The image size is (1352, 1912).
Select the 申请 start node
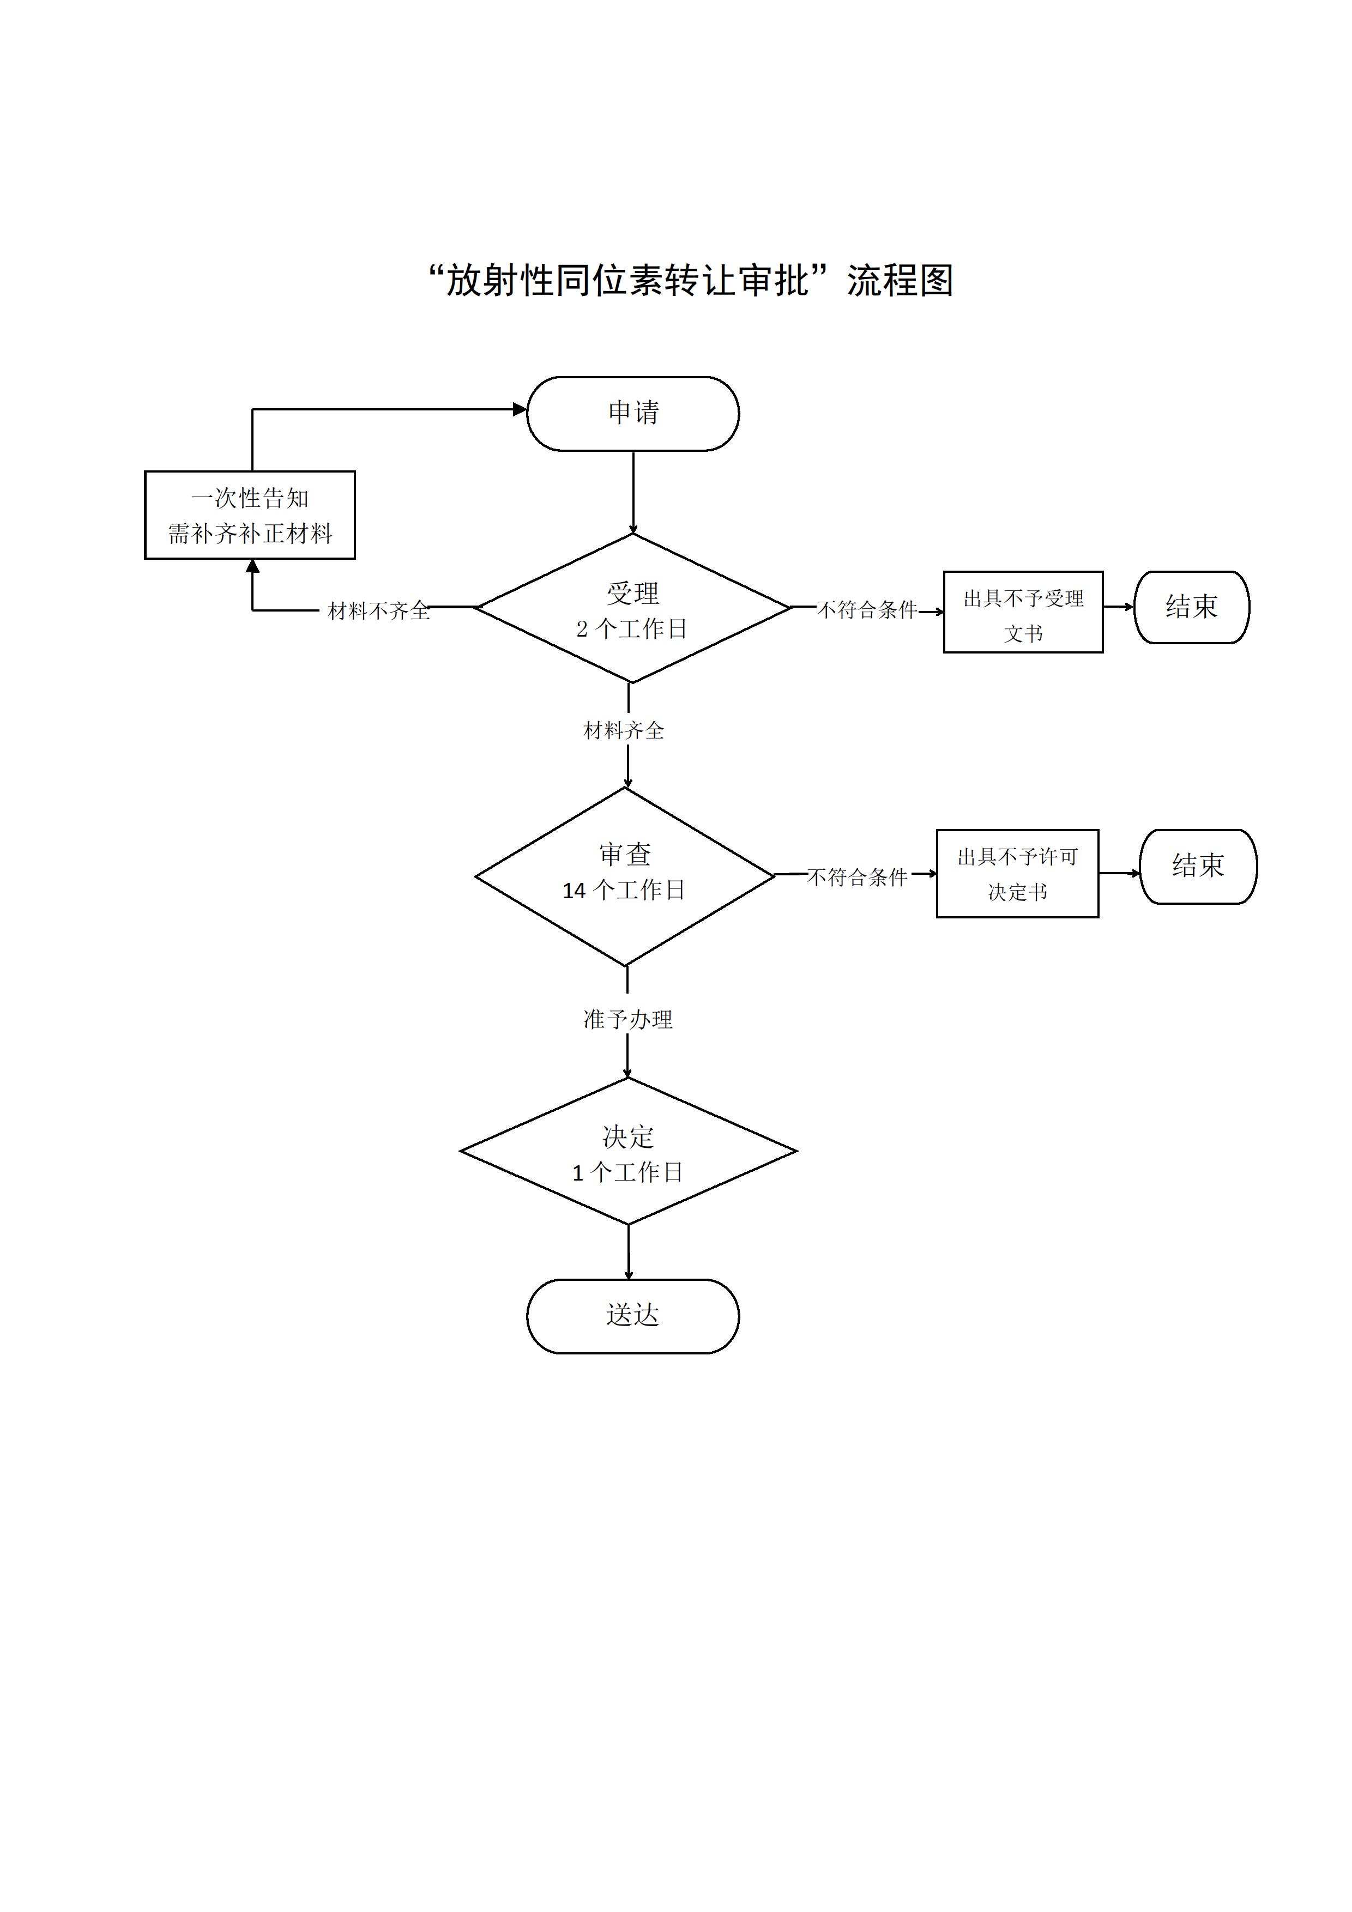(x=632, y=413)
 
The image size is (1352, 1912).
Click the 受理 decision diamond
(x=632, y=609)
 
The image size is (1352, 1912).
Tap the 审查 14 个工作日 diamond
(x=625, y=875)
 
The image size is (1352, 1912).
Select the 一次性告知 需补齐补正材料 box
(x=250, y=515)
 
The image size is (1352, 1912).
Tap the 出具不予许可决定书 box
(x=1017, y=874)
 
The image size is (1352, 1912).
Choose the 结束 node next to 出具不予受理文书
(x=1191, y=607)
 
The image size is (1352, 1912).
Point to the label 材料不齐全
(x=378, y=611)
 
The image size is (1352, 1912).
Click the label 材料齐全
(x=624, y=731)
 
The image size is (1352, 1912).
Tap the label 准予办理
(x=627, y=1019)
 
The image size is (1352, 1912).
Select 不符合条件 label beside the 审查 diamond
(x=857, y=877)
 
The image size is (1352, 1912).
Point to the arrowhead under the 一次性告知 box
(x=252, y=567)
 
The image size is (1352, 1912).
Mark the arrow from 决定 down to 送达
(x=628, y=1253)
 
